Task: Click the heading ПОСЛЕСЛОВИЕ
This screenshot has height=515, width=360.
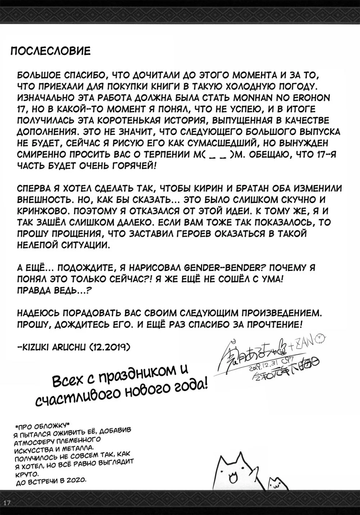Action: coord(50,51)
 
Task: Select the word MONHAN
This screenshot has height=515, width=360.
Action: coord(269,98)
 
